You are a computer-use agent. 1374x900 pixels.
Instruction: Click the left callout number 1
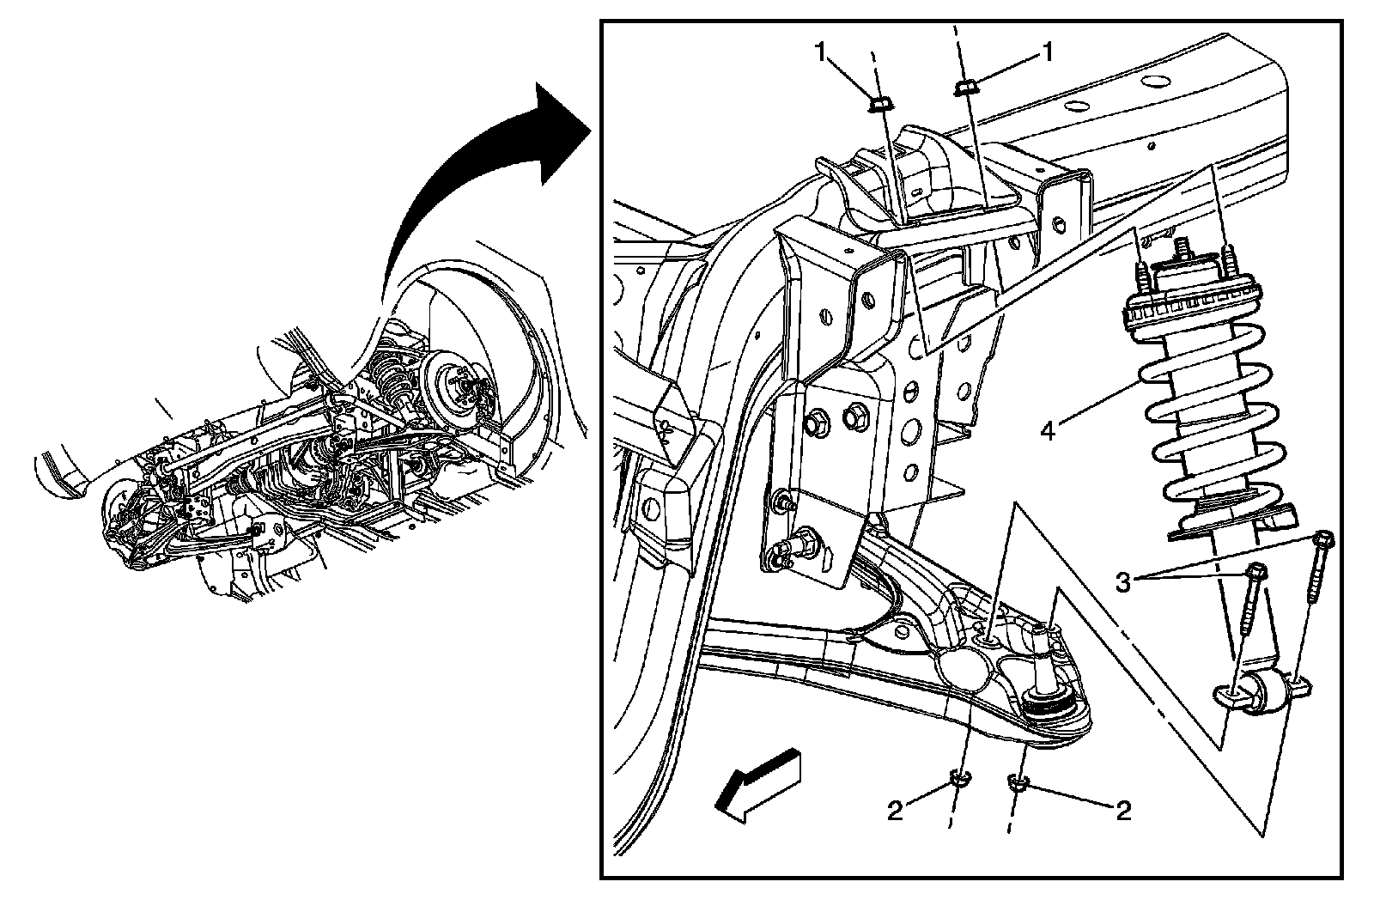822,53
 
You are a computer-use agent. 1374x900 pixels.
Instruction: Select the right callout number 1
1047,53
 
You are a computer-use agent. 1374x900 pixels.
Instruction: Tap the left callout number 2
895,811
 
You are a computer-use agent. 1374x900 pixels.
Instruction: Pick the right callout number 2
1122,810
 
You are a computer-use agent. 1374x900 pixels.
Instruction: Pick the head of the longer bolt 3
1324,539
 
